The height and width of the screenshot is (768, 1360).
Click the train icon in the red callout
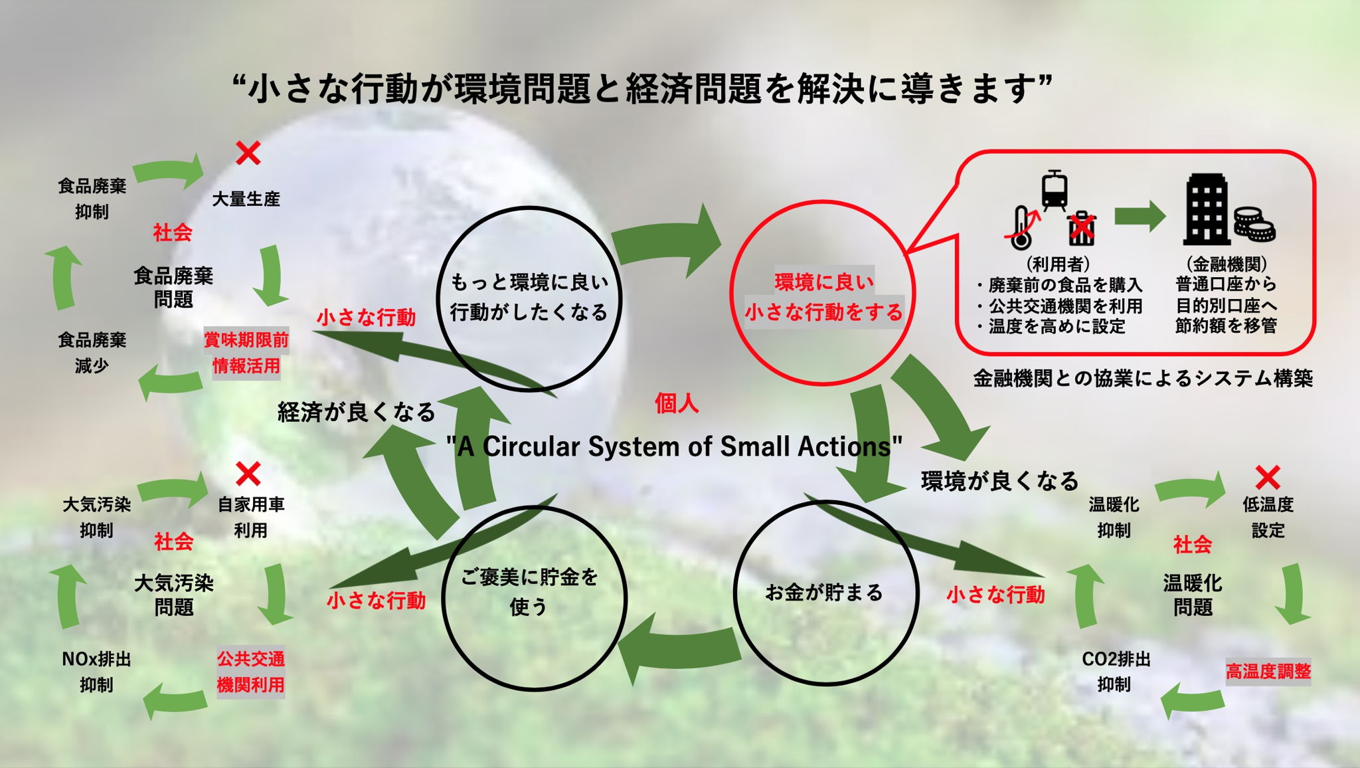1054,190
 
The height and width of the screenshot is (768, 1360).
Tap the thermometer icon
1021,228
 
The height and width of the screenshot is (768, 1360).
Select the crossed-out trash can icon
1082,228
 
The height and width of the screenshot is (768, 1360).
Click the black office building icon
1205,209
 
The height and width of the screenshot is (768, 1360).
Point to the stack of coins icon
1254,224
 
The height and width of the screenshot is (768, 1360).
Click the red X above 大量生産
248,153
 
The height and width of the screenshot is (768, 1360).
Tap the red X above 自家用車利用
248,474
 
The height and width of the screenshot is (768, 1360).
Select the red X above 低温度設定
1268,478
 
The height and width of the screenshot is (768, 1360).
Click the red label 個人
676,403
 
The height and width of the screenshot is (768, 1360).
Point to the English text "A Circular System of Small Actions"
674,446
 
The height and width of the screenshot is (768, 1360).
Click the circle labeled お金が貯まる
825,592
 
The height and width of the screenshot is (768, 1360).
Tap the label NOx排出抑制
96,672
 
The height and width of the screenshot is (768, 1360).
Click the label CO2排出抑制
1115,672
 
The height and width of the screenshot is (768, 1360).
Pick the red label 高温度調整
1267,671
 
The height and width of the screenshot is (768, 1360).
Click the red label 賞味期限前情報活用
246,353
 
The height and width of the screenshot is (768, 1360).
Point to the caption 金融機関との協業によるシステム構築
1143,379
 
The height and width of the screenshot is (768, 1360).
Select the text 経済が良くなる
356,413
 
